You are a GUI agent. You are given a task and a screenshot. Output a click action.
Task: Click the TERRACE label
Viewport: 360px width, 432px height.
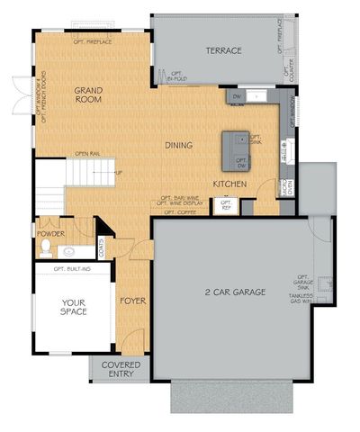coord(223,51)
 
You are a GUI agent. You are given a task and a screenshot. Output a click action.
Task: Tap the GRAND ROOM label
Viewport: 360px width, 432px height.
coord(87,94)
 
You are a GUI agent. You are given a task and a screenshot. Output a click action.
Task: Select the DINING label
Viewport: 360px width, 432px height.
coord(181,144)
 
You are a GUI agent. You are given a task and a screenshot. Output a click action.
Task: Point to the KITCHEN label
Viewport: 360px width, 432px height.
coord(229,184)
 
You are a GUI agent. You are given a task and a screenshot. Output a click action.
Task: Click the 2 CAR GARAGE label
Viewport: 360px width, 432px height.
coord(237,292)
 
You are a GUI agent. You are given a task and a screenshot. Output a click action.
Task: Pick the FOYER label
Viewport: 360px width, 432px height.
coord(131,300)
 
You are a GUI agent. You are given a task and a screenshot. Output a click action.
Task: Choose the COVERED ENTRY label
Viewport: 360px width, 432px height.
coord(120,370)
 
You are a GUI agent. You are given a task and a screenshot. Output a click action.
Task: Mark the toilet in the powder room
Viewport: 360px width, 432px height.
coord(76,252)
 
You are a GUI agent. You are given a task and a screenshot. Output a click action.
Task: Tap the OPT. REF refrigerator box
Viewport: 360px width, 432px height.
coord(226,206)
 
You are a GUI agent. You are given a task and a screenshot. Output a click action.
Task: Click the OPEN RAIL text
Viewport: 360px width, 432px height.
coord(86,153)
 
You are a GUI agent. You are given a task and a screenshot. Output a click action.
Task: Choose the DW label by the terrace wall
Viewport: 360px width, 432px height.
coord(236,95)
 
